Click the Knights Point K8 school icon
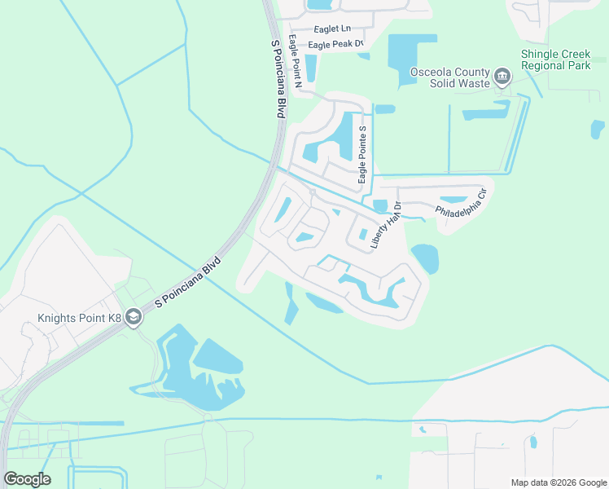click(134, 319)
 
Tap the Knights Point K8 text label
click(79, 319)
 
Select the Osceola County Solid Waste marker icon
click(502, 78)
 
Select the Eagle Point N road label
click(298, 69)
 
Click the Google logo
click(27, 479)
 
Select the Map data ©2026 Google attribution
click(558, 482)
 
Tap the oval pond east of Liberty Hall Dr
click(425, 258)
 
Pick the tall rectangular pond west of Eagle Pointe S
click(345, 135)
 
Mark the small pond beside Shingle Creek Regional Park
click(598, 130)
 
